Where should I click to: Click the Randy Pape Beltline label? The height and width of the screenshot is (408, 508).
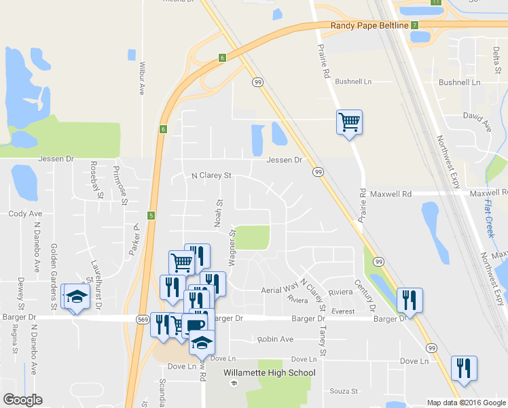369,25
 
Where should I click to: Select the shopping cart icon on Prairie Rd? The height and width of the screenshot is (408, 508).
349,122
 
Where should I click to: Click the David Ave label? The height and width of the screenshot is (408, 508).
477,117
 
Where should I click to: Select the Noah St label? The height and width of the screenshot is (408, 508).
219,213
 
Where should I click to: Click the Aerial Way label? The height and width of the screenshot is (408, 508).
280,290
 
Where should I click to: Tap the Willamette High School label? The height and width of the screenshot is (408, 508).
270,373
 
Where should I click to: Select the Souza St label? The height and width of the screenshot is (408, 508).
343,391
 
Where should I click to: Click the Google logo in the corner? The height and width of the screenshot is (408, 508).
22,400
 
